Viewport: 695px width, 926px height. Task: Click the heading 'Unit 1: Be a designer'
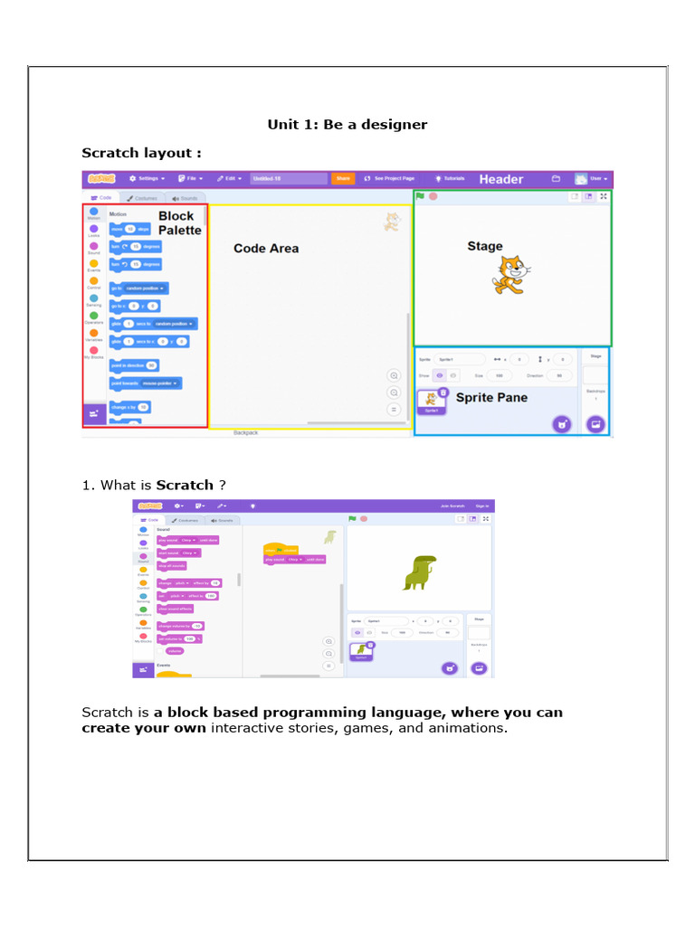(x=347, y=125)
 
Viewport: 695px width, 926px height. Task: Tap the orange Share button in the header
(x=343, y=179)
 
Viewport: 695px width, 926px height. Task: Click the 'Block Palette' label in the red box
(x=179, y=222)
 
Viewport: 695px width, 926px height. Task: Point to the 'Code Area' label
(x=265, y=249)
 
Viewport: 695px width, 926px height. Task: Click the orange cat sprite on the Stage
(x=510, y=275)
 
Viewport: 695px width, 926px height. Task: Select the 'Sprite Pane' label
(x=490, y=397)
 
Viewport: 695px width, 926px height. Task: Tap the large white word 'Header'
(x=500, y=179)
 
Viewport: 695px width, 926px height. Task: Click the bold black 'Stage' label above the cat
(x=484, y=246)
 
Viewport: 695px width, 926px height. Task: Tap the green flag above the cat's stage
(x=420, y=196)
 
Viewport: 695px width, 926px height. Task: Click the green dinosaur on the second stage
(x=419, y=572)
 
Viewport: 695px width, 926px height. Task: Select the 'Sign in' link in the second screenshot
(x=482, y=506)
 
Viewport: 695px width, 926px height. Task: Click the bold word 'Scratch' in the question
(x=185, y=486)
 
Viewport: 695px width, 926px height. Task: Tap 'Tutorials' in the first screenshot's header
(x=450, y=179)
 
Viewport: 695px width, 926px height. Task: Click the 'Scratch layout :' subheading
(x=141, y=153)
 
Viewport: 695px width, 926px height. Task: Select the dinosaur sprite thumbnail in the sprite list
(x=362, y=650)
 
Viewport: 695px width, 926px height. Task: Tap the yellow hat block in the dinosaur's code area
(x=280, y=549)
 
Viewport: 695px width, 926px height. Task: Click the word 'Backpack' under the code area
(x=245, y=433)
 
